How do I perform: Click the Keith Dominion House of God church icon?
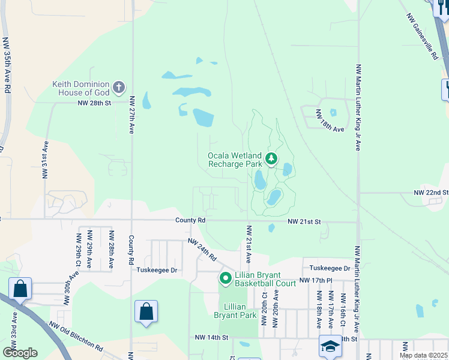point(119,88)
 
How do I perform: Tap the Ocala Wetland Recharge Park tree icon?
point(271,159)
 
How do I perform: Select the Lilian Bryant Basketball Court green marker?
point(226,278)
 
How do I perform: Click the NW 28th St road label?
point(95,103)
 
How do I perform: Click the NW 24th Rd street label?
point(202,250)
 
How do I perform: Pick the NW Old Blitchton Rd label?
point(77,337)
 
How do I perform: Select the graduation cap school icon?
point(330,346)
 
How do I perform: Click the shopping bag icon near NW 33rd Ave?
point(20,289)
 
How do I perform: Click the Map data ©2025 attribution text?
point(423,355)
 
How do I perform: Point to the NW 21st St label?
point(304,222)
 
